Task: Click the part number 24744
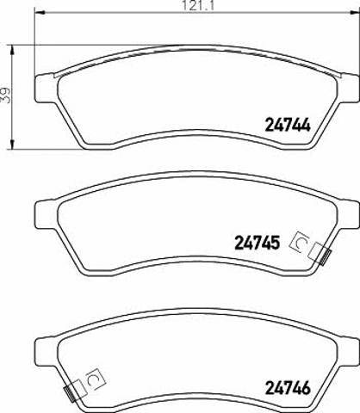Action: coord(288,126)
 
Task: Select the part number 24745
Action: coord(258,243)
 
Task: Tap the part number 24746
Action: coord(288,388)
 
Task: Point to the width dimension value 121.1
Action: coord(198,6)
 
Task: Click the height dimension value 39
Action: coord(5,95)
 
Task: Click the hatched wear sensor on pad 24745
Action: coord(326,256)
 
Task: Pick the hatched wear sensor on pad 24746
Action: coord(69,393)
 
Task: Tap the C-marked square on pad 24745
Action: coord(300,242)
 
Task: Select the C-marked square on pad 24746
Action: coord(96,379)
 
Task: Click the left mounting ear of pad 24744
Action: coord(45,88)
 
